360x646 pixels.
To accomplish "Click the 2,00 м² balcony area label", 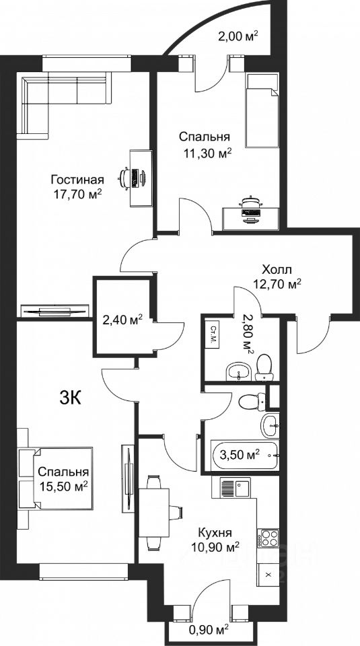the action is point(238,36).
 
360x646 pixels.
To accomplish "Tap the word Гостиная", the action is point(77,180).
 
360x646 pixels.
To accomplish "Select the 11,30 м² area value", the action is point(207,153).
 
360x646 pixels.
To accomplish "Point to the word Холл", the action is point(277,270).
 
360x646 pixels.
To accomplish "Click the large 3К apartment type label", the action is point(71,398).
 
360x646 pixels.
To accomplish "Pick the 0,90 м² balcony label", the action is point(209,630).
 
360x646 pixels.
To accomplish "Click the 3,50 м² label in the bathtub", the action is point(240,455).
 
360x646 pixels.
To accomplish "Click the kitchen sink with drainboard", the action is point(235,487).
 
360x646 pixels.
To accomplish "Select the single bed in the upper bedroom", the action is point(262,110).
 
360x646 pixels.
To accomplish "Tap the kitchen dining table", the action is point(155,513).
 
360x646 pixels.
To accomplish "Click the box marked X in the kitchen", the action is point(268,574).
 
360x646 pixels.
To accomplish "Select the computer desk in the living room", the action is point(141,178).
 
